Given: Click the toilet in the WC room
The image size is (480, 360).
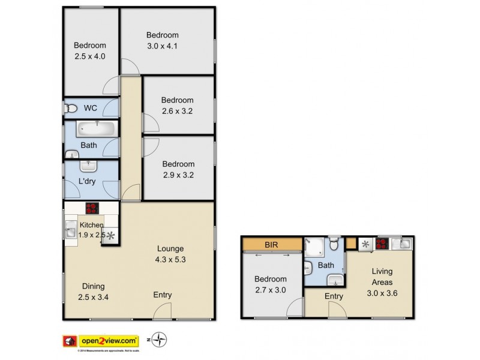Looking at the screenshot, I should (x=71, y=109).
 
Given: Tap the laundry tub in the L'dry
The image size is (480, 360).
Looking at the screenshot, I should (x=89, y=166).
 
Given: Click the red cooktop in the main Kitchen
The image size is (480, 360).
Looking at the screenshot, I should (x=92, y=209).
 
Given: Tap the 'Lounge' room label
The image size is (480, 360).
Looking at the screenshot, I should (x=171, y=248).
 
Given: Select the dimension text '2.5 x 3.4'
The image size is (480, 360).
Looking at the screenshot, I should (x=92, y=296).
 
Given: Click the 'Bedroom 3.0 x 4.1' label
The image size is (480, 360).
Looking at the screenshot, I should (x=163, y=40).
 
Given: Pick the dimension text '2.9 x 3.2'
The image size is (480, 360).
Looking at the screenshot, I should (x=178, y=175).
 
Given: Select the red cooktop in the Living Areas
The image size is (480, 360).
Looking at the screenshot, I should (x=380, y=244).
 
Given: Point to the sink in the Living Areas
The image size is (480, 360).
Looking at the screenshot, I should (x=404, y=244).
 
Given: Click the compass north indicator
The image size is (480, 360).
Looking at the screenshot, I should (x=159, y=340).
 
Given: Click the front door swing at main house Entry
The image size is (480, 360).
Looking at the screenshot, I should (x=161, y=311).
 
